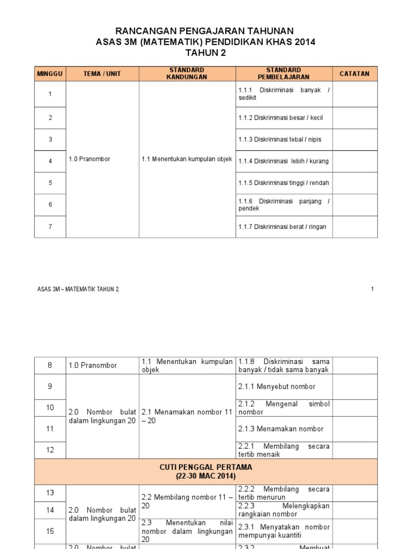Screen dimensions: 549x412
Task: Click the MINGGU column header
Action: (50, 73)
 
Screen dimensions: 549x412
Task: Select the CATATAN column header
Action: (355, 73)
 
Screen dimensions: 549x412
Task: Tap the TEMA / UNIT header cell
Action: (102, 73)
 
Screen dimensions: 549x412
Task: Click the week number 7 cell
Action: (50, 226)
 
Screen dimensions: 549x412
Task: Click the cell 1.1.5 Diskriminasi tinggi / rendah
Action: (284, 183)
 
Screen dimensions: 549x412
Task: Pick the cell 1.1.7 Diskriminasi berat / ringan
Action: (282, 226)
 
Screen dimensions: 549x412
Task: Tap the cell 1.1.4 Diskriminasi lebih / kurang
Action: (284, 161)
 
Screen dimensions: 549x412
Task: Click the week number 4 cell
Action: (50, 161)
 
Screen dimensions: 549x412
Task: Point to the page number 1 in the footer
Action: (372, 289)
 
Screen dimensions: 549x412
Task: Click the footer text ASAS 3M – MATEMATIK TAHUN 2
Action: (78, 289)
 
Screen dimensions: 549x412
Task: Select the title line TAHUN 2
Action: (205, 52)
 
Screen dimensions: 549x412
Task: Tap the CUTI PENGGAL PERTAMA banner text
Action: (206, 467)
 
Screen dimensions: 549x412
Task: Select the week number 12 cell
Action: (50, 450)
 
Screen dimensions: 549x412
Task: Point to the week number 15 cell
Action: (50, 531)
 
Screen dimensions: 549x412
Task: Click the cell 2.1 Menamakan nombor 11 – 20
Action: (187, 416)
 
